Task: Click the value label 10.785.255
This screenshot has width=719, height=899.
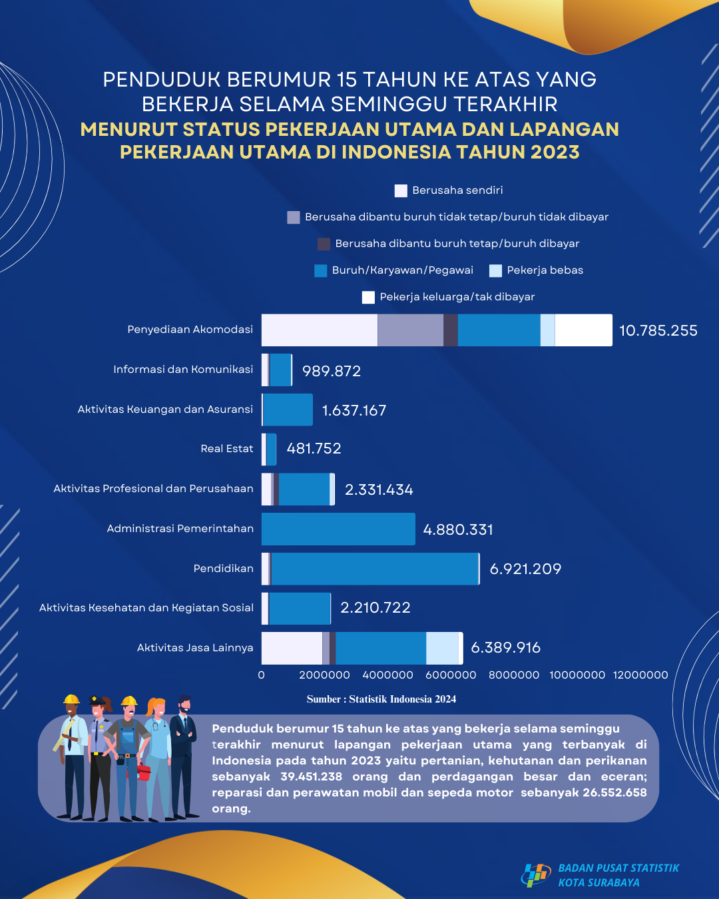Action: point(658,330)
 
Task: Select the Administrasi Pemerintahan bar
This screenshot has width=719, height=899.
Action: point(338,529)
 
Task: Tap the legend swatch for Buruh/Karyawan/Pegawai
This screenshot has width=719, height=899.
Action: point(320,270)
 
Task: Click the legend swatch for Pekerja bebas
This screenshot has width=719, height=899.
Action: point(495,270)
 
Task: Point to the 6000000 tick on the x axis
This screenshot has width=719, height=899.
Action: point(451,675)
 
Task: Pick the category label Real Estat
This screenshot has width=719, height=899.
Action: point(227,449)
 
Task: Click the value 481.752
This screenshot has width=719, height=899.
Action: point(314,449)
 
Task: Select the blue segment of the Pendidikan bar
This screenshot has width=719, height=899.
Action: point(375,569)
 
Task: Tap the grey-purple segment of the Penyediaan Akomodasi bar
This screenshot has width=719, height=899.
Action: point(410,330)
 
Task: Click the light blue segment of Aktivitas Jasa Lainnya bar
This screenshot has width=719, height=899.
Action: point(442,648)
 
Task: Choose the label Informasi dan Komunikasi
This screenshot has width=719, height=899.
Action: point(183,369)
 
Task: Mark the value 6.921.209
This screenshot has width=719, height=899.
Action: point(525,569)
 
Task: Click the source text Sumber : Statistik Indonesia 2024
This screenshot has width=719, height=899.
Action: point(381,699)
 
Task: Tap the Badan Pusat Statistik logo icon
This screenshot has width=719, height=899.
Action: point(537,875)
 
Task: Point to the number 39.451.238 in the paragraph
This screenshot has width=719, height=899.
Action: point(311,776)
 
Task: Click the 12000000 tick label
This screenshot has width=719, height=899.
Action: point(640,675)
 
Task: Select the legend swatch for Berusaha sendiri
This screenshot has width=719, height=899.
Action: point(401,191)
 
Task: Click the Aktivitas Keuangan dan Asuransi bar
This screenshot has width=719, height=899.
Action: point(288,410)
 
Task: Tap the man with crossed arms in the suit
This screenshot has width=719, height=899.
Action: point(184,756)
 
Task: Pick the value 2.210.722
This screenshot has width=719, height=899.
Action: point(375,608)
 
